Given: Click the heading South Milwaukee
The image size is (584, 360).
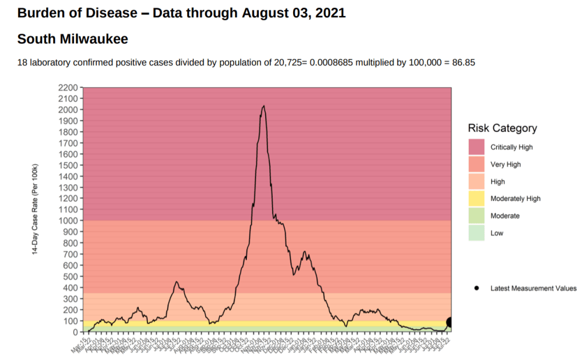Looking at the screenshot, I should (72, 39).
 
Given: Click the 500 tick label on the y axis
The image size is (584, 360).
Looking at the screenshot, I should (71, 277).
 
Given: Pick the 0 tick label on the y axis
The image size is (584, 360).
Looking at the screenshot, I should (75, 332).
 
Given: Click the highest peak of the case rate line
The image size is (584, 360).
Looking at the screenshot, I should (263, 106).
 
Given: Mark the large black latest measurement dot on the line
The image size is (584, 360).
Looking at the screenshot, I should (450, 322).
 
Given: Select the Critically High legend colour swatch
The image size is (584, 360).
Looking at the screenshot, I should (477, 147).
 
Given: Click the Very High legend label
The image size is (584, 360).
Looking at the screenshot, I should (505, 164).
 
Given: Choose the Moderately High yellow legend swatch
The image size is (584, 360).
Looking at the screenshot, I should (477, 199).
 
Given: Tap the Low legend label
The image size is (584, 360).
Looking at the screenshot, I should (497, 233).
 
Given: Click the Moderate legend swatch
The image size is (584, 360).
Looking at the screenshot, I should (477, 216).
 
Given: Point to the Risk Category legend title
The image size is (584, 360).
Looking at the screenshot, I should (502, 128).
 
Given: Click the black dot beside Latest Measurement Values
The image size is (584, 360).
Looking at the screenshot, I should (476, 288).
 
